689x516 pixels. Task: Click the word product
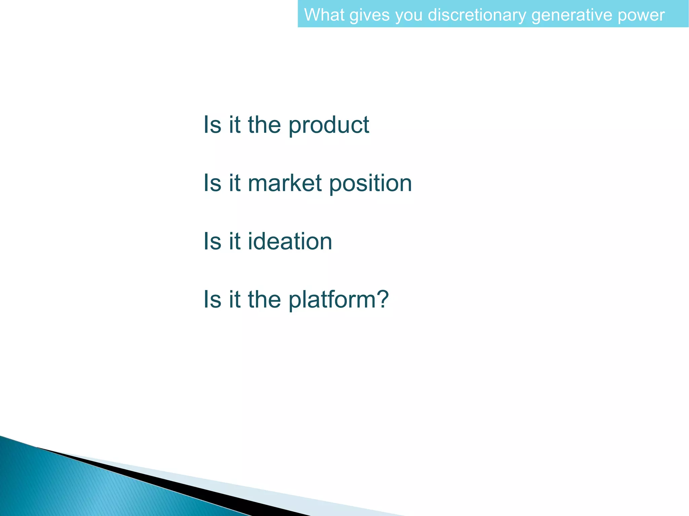coord(329,125)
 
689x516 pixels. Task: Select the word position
coord(370,184)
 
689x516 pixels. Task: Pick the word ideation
coord(290,241)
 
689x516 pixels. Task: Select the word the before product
coord(264,125)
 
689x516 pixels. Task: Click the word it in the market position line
coord(234,183)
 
